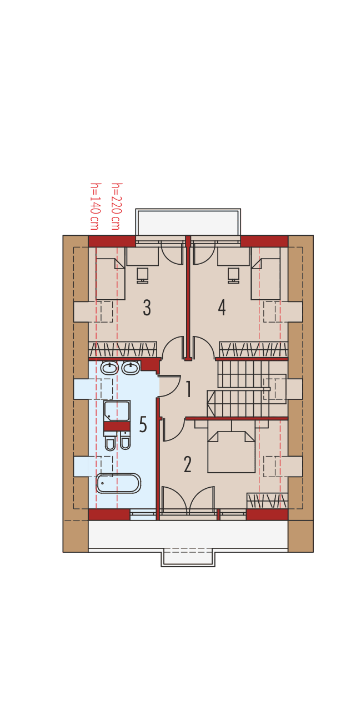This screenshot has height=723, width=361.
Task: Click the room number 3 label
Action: click(147, 308)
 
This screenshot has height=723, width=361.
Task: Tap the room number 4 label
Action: click(222, 308)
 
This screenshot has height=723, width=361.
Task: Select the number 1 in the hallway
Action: click(188, 389)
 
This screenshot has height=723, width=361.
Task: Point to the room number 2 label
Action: click(188, 464)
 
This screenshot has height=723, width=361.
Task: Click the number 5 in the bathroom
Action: click(143, 425)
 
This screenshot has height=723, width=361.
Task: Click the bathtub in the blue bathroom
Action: click(118, 483)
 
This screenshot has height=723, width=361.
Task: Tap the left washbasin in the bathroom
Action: click(109, 368)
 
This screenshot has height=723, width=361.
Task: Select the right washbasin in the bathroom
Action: click(131, 368)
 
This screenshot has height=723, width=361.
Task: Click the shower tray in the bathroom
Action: click(117, 411)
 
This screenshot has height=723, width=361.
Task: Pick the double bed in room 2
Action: click(232, 452)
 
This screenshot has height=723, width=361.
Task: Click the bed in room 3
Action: click(110, 279)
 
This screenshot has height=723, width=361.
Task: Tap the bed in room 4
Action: click(265, 279)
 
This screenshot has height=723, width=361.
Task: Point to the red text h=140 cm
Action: click(94, 206)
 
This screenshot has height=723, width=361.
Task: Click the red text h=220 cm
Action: click(116, 206)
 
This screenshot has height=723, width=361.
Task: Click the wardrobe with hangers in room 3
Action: click(123, 349)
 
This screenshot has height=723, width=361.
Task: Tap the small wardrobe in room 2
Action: click(267, 501)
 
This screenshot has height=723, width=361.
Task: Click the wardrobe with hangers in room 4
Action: click(253, 349)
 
